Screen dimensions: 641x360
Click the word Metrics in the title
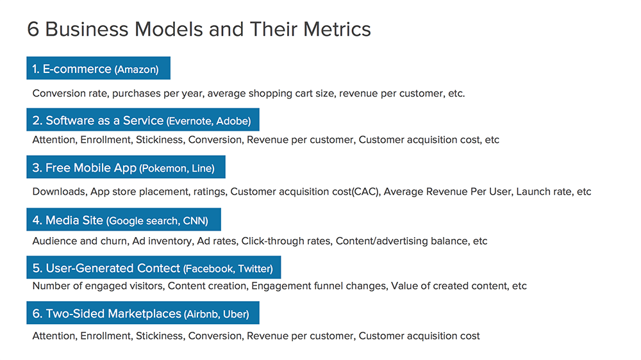[x=337, y=29]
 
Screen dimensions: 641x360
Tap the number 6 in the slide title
[x=33, y=29]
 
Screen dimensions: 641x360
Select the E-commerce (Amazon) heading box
[x=99, y=68]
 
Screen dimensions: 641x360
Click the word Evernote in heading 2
[x=190, y=121]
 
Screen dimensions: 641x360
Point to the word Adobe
[x=233, y=121]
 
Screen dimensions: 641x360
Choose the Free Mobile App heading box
[x=126, y=167]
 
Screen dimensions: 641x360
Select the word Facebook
[x=209, y=268]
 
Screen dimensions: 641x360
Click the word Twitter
[x=256, y=268]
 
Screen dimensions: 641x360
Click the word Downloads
[x=59, y=192]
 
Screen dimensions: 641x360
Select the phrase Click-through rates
[x=286, y=241]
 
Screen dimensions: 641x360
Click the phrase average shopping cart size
[x=271, y=94]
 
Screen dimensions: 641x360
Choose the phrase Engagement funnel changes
[x=319, y=286]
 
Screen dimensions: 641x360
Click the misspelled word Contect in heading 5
[x=158, y=268]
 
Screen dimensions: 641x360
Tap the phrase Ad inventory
[x=162, y=241]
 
